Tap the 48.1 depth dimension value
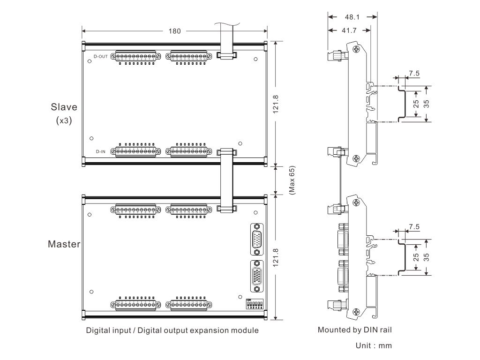click(x=352, y=17)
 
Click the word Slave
click(x=64, y=107)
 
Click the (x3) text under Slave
click(x=64, y=120)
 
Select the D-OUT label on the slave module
click(x=101, y=56)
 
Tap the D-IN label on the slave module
click(x=101, y=151)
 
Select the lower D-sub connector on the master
click(x=257, y=275)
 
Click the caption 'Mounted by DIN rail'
click(x=354, y=330)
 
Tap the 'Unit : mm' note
click(x=374, y=346)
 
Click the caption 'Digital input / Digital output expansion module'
click(x=172, y=330)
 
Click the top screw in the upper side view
click(x=357, y=48)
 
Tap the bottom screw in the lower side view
click(x=357, y=312)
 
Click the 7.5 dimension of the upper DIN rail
click(x=414, y=74)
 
